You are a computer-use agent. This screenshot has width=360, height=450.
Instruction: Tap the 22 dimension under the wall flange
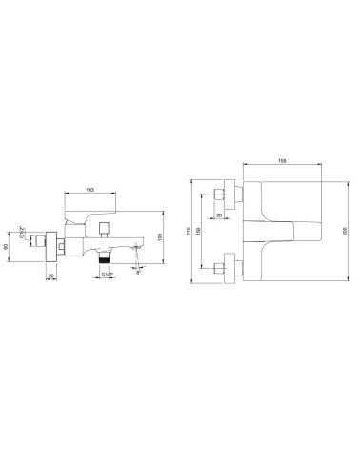coord(51,276)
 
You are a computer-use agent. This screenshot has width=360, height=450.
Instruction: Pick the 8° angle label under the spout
coord(141,275)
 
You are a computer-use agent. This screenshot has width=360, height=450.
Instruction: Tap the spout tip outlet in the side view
coord(139,250)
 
